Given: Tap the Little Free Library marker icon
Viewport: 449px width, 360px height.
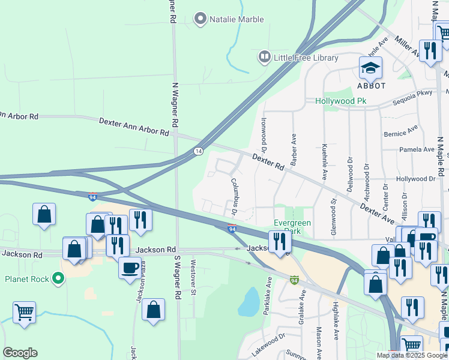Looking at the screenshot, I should [264, 58].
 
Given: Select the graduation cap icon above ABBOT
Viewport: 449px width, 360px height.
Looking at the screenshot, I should [370, 68].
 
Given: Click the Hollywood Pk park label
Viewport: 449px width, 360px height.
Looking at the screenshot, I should [340, 101].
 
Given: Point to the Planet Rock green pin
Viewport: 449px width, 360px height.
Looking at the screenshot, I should [58, 279].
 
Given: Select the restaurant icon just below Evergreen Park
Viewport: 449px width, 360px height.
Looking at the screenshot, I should [280, 242].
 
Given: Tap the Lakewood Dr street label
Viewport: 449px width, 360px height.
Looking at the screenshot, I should [265, 346].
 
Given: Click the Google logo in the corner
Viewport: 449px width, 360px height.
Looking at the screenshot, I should [20, 353].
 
